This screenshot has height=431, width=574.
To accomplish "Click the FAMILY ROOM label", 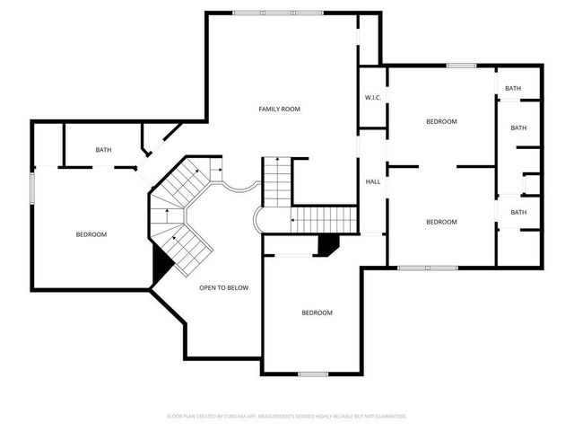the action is pos(279,109).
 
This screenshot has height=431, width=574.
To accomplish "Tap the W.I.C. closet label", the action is pos(373,98).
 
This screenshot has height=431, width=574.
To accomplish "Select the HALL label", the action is pos(373,181).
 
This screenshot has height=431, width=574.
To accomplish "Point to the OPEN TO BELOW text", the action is pos(223,287).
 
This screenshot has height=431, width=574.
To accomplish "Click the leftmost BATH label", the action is pos(103,150).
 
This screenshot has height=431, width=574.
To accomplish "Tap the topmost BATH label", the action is pos(513,88).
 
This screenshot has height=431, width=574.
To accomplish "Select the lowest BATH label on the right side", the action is pos(518,212).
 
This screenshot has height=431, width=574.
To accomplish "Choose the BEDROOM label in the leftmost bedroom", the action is pos(91,234).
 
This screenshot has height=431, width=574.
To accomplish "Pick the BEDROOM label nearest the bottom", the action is pos(317,312).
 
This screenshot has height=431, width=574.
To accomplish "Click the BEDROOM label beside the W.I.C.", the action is pos(441,121).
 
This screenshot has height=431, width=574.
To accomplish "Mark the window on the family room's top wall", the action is pos(278,13).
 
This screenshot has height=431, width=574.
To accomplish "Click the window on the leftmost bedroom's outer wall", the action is pos(32,189).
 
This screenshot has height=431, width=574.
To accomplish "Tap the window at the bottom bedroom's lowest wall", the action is pos(313,374).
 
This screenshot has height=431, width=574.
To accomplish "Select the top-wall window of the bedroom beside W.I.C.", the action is pos(462,66).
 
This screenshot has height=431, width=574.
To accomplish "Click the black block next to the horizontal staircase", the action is pos(327,245).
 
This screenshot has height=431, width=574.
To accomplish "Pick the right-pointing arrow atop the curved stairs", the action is pos(217,170).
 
